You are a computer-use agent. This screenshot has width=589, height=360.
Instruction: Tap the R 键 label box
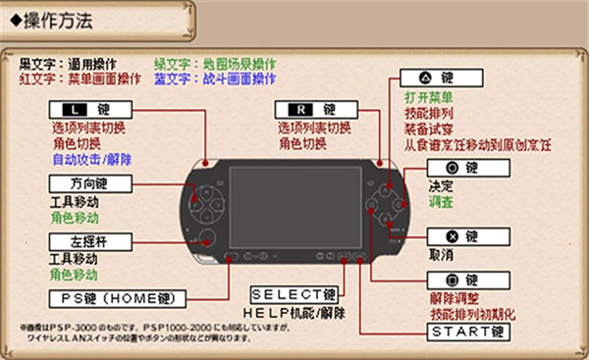coord(306,109)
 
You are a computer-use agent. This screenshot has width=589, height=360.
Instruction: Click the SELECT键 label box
coord(294,293)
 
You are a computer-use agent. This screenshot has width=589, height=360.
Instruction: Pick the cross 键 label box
coord(461,236)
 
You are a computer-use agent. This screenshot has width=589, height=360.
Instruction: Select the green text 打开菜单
coord(428,98)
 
